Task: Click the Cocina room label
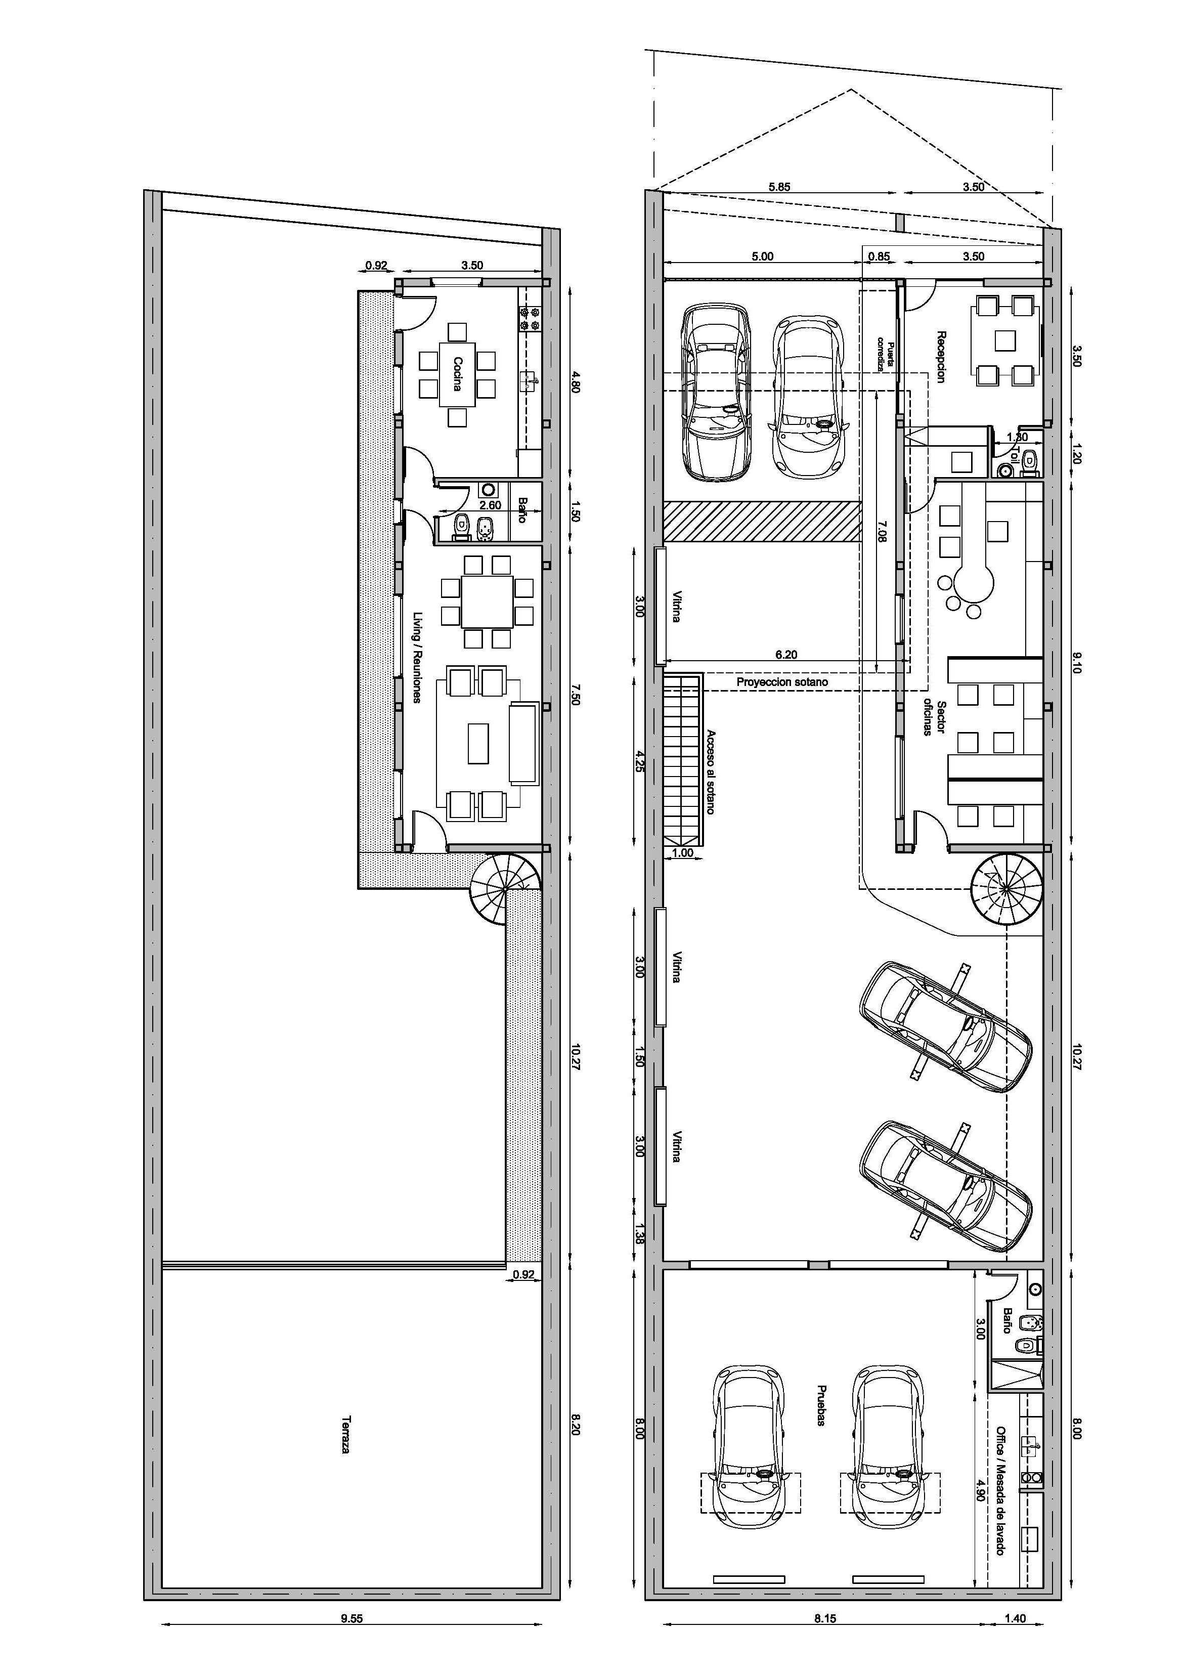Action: coord(458,374)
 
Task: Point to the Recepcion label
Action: coord(941,357)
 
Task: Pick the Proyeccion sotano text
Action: coord(782,682)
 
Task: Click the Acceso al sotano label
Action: coord(711,772)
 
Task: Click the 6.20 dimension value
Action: coord(786,655)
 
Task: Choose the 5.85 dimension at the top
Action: coord(779,187)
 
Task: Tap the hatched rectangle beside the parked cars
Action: coord(762,521)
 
